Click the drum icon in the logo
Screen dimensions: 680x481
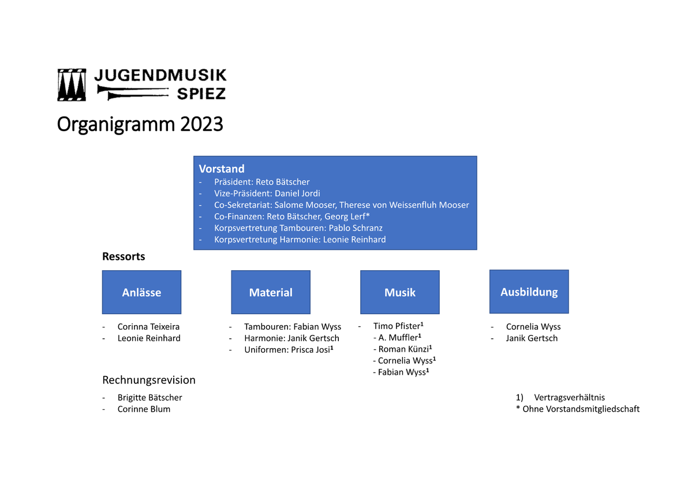click(72, 84)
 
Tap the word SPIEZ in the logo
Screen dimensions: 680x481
click(201, 93)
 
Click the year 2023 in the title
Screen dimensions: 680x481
click(201, 124)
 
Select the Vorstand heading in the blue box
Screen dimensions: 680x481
click(222, 168)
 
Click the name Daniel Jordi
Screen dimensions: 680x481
click(297, 193)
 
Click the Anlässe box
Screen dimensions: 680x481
click(142, 292)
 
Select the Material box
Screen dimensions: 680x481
click(271, 292)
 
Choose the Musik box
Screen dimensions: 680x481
click(400, 292)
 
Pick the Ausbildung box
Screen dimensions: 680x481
click(529, 292)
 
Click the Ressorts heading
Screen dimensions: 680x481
click(124, 256)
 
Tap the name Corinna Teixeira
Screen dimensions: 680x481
click(148, 327)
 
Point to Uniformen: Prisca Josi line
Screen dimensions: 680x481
click(289, 349)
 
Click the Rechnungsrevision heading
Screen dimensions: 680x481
click(149, 380)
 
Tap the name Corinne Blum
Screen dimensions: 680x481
click(144, 409)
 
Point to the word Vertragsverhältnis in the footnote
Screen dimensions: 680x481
click(569, 397)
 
